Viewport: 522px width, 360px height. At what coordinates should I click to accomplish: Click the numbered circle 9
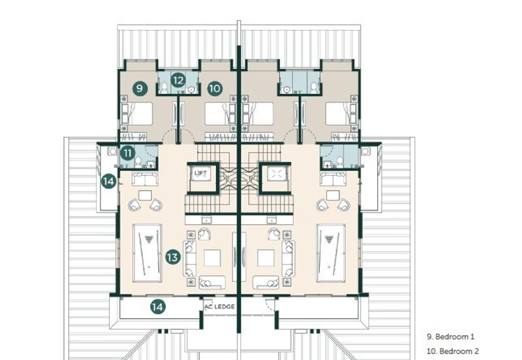point(140,89)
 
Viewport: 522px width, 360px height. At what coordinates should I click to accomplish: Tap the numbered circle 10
point(215,89)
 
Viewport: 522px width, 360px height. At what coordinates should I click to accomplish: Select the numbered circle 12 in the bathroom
point(178,80)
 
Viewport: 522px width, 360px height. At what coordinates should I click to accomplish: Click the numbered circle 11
point(127,153)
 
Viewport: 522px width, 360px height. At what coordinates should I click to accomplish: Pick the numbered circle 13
point(173,257)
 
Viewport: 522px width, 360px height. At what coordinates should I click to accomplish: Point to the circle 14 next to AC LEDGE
point(157,307)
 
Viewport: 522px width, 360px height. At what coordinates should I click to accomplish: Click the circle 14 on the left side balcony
point(108,181)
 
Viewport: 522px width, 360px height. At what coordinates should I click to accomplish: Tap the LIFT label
point(201,173)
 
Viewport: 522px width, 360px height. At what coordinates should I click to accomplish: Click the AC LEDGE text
point(219,307)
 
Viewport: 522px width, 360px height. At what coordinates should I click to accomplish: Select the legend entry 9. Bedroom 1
point(451,337)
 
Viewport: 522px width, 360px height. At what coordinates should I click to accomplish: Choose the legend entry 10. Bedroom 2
point(453,352)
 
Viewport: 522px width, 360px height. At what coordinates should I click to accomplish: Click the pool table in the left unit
point(147,253)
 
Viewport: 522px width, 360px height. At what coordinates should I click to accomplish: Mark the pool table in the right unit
point(331,253)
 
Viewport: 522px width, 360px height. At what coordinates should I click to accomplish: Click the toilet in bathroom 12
point(164,88)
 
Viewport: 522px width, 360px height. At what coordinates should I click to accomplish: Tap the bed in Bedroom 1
point(137,113)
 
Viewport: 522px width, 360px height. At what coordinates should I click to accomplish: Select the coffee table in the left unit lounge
point(212,258)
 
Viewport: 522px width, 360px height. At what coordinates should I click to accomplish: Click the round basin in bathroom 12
point(191,89)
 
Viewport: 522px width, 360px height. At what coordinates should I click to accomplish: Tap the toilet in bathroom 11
point(138,162)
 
